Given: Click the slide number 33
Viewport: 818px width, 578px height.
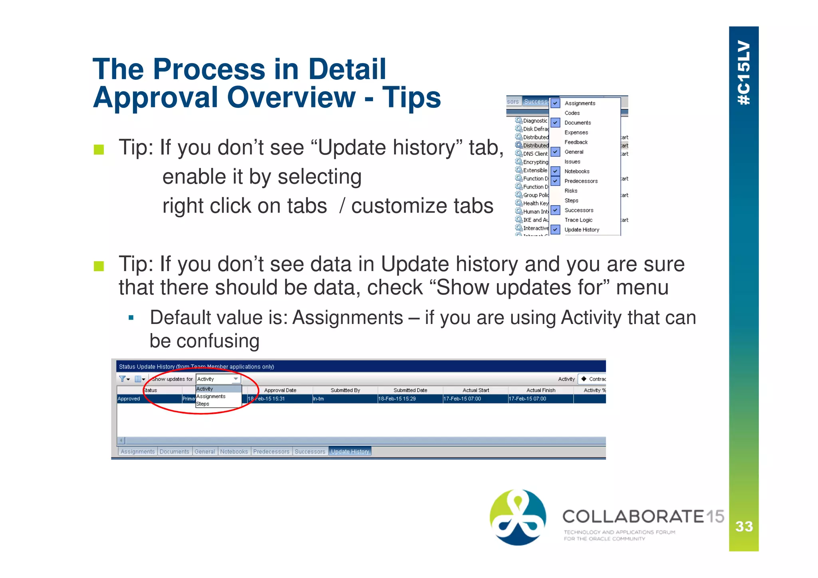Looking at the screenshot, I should [x=744, y=526].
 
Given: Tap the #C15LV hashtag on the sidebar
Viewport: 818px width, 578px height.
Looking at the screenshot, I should [x=744, y=72].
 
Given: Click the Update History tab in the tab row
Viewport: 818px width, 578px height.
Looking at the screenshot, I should [x=350, y=451].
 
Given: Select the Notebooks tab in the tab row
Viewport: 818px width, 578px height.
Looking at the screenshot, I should [x=234, y=451].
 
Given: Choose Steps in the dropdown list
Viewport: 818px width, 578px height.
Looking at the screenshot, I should [x=203, y=404].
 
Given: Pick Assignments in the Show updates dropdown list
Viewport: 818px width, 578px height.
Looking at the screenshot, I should [x=211, y=396].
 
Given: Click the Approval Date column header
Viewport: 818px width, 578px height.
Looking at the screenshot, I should [x=280, y=390].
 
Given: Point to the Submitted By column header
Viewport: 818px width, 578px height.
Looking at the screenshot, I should [x=345, y=390].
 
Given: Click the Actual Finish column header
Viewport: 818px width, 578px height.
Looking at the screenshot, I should [x=540, y=390].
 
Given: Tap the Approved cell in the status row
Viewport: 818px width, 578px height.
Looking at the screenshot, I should [x=129, y=399].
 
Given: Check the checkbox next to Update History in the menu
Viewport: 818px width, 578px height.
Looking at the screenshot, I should [x=555, y=230].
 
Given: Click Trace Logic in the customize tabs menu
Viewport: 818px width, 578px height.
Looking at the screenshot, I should [x=578, y=220].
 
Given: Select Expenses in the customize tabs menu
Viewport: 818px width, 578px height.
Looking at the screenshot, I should [x=576, y=132].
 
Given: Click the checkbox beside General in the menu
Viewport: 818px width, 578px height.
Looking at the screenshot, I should [x=555, y=152].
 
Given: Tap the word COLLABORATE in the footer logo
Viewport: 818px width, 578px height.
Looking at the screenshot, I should [x=633, y=516].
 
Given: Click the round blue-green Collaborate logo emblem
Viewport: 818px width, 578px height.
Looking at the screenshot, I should [x=518, y=517].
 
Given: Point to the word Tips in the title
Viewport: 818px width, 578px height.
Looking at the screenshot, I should [x=411, y=97].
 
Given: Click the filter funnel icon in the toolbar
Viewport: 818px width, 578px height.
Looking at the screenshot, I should [x=122, y=379].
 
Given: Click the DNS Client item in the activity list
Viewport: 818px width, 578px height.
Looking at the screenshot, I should [x=535, y=154].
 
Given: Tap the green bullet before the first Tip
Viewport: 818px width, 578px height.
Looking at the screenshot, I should [x=99, y=150].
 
